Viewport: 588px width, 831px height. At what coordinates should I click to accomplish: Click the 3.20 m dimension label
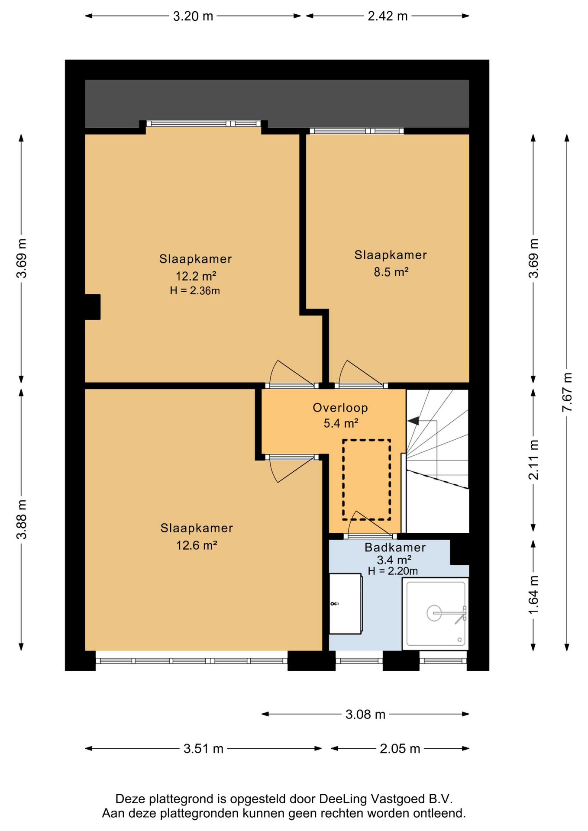(x=193, y=16)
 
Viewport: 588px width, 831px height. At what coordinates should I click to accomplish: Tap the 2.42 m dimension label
(x=388, y=16)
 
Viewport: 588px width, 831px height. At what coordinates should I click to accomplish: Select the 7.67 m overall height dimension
(x=567, y=392)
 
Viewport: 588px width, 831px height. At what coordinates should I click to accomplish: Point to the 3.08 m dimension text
(x=365, y=715)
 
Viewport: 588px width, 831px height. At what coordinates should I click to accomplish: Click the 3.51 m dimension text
(x=204, y=749)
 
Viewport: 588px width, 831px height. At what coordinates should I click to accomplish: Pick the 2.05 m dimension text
(x=400, y=749)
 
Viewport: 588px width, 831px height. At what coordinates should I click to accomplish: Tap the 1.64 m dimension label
(x=533, y=595)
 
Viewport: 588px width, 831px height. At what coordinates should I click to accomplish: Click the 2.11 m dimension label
(x=533, y=460)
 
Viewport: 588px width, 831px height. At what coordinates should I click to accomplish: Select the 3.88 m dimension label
(x=22, y=519)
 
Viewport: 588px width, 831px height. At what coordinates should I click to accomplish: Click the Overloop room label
(x=340, y=408)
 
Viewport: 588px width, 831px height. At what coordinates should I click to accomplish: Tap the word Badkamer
(x=395, y=548)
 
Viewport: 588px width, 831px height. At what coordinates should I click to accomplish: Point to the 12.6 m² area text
(x=197, y=545)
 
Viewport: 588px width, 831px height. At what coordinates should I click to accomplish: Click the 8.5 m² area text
(x=391, y=272)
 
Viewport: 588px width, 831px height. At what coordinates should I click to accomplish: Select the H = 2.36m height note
(x=195, y=291)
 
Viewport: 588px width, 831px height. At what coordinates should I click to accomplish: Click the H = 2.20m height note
(x=393, y=571)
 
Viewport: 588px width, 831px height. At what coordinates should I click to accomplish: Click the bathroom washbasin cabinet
(x=346, y=604)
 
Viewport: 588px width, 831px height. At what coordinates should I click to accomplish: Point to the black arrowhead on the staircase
(x=413, y=420)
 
